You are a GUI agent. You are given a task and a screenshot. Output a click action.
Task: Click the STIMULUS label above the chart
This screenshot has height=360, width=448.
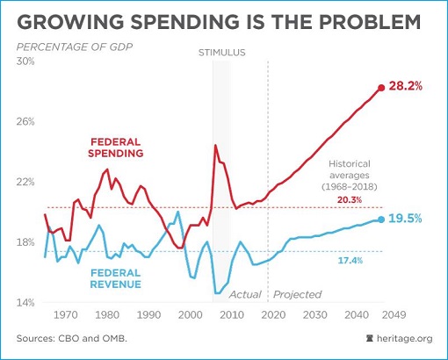click(220, 54)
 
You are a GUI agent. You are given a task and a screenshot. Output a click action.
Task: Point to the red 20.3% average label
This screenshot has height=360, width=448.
click(350, 199)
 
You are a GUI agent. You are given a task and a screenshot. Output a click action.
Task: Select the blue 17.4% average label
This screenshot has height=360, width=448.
click(350, 261)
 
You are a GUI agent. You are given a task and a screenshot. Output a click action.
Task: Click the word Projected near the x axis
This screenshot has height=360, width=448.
click(298, 294)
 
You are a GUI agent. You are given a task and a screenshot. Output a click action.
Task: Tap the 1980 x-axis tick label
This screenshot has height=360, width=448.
click(106, 314)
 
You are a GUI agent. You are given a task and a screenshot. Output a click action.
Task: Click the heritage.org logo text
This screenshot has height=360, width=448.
click(405, 337)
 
